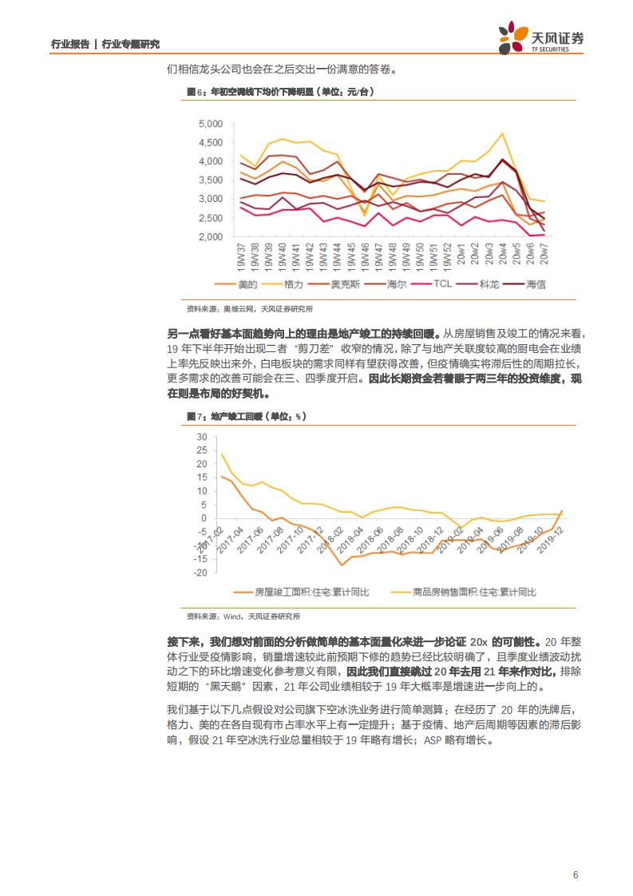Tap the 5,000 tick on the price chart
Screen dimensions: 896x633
(x=210, y=124)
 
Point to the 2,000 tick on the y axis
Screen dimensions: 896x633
(x=210, y=237)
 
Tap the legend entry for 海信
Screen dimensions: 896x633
(x=532, y=283)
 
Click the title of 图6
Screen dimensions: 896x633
(x=280, y=93)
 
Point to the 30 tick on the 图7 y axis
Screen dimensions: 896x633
(x=202, y=437)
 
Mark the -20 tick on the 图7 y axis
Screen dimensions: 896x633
(x=200, y=573)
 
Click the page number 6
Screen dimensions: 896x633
(x=575, y=874)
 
